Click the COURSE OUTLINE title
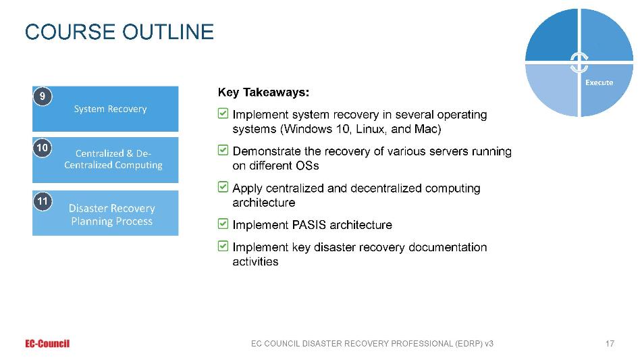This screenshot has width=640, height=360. [x=119, y=32]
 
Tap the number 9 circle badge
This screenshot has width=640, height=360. [x=43, y=97]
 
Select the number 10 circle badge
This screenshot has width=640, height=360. [x=43, y=148]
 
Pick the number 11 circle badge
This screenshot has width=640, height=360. [x=43, y=201]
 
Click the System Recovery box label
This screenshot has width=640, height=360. [x=110, y=109]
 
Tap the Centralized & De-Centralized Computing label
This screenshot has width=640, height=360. [x=113, y=159]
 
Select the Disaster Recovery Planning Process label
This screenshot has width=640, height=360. [x=112, y=215]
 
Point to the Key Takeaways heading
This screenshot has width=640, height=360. [x=263, y=93]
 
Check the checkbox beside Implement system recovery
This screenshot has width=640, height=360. [x=223, y=113]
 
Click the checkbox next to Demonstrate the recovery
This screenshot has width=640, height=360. [x=223, y=150]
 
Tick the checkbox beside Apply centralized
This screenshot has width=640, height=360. [x=223, y=187]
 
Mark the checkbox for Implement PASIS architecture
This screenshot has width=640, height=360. [x=223, y=224]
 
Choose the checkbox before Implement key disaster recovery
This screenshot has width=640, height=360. [x=223, y=246]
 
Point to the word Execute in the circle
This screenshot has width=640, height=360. [x=599, y=82]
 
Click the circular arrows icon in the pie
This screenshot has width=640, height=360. [x=579, y=62]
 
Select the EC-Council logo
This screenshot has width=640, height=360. [x=47, y=344]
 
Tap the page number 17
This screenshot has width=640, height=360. [x=610, y=344]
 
